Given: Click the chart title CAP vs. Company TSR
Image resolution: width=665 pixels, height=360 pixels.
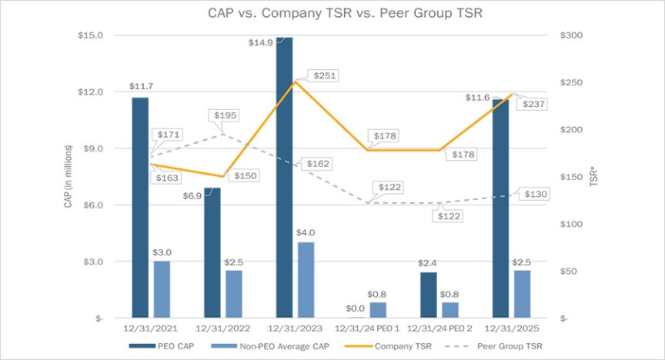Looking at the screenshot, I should [332, 13].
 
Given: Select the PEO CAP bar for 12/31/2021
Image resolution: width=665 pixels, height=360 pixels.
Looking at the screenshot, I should [140, 208].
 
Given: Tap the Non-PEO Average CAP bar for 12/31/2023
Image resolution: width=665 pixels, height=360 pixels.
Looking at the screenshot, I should [306, 280].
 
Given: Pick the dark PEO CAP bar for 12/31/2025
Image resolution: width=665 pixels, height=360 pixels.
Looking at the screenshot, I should [500, 208].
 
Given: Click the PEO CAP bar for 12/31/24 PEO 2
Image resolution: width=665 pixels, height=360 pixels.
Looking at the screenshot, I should [429, 295].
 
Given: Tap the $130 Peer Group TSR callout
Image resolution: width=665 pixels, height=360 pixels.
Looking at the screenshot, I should [534, 194].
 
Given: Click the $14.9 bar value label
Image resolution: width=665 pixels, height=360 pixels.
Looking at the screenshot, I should [259, 42].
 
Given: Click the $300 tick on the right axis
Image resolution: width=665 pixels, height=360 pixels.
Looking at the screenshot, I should [573, 35].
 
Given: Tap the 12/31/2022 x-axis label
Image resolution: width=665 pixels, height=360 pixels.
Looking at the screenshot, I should [223, 328].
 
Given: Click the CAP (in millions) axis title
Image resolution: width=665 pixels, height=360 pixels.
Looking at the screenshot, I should [68, 177].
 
